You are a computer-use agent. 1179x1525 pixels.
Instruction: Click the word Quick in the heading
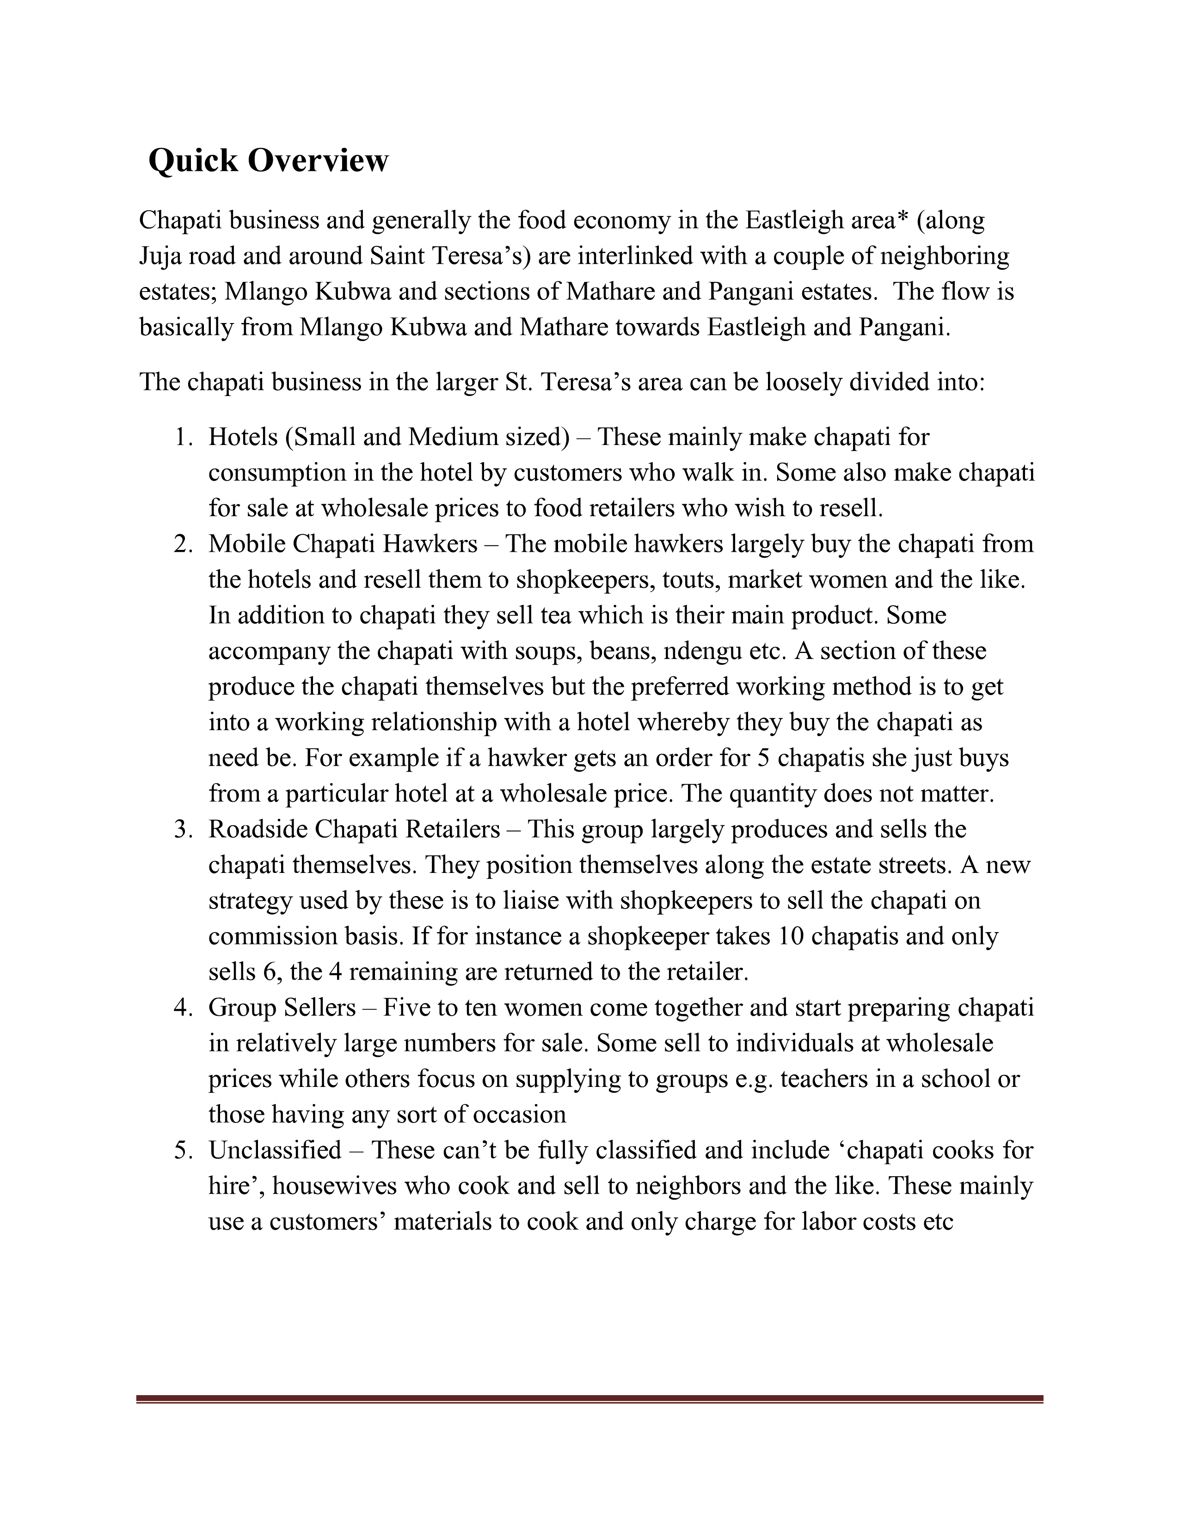click(x=193, y=161)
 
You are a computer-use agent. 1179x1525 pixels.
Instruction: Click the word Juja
click(x=160, y=256)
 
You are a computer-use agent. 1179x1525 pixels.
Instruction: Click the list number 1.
click(x=183, y=438)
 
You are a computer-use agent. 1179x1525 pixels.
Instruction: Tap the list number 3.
click(x=183, y=830)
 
